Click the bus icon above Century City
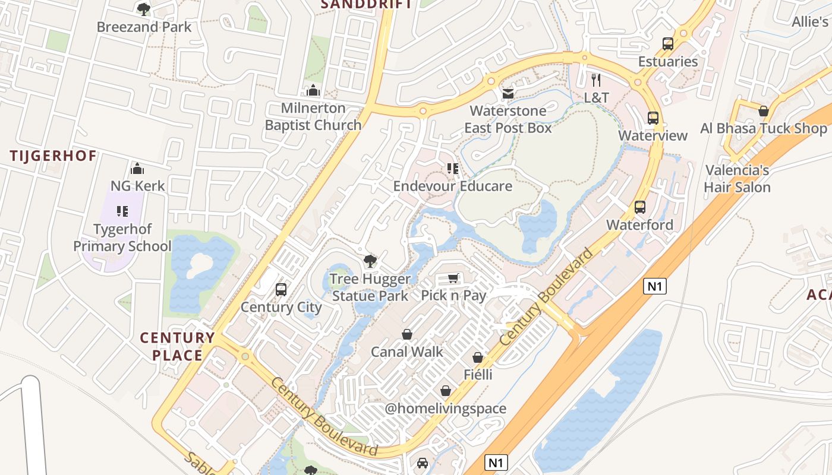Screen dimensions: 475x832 [x=281, y=290]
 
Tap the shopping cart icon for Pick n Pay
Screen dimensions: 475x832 [x=453, y=278]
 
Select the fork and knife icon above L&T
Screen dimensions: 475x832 [x=596, y=80]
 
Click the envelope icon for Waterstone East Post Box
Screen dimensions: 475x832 [x=508, y=94]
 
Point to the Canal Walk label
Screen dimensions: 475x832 [x=407, y=351]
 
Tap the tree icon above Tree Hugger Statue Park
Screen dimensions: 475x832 [x=370, y=261]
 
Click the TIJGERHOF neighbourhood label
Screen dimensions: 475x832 [x=53, y=156]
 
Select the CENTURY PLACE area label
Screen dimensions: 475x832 [x=177, y=347]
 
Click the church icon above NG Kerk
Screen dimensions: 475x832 [x=137, y=169]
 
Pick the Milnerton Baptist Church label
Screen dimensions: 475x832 [x=313, y=116]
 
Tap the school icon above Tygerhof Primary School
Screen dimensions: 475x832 [x=122, y=211]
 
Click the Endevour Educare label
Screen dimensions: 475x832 [x=453, y=186]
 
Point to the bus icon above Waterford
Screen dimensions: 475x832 [x=640, y=207]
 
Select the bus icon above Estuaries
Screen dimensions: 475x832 [x=668, y=44]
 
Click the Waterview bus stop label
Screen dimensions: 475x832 [x=653, y=135]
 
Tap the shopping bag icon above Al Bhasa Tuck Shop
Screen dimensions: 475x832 [x=764, y=111]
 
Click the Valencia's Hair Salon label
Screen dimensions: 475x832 [x=737, y=179]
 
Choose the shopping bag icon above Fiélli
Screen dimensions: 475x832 [x=478, y=357]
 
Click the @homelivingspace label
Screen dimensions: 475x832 [x=446, y=408]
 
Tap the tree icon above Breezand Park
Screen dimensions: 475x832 [x=144, y=9]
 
